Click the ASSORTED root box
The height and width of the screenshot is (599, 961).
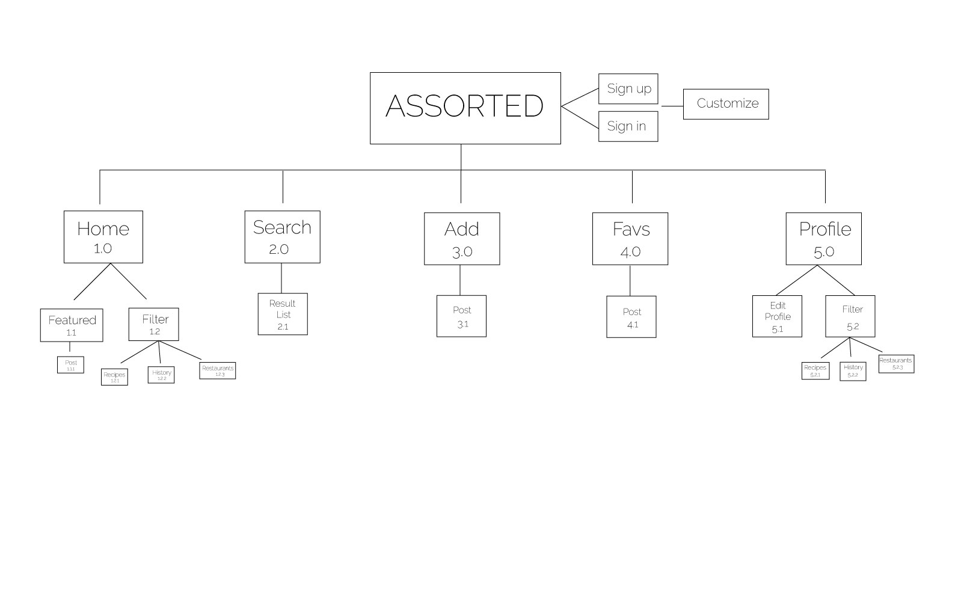(465, 108)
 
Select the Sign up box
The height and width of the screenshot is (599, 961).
(628, 89)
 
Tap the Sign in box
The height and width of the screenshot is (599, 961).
(628, 126)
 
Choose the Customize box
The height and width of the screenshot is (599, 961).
(725, 104)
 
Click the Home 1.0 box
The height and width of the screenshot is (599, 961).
(103, 237)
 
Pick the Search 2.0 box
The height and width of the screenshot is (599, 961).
(282, 237)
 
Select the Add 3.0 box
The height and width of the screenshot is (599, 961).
(461, 239)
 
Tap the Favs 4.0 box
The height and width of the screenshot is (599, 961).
(630, 239)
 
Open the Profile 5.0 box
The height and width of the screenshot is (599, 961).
(823, 239)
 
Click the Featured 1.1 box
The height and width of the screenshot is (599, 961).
(71, 325)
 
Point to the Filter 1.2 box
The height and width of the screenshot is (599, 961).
(153, 325)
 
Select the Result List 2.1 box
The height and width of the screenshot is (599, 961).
(282, 314)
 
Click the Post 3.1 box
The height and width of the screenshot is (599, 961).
(461, 316)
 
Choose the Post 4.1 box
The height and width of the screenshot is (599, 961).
(631, 317)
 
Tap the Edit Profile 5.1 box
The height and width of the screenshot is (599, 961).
(776, 316)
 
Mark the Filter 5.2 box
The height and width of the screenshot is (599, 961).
(850, 316)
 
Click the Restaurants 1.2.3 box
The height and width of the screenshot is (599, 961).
(217, 370)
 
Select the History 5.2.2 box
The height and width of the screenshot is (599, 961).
(852, 371)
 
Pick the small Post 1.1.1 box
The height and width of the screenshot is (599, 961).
(70, 365)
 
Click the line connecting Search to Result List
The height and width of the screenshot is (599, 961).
(281, 278)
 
